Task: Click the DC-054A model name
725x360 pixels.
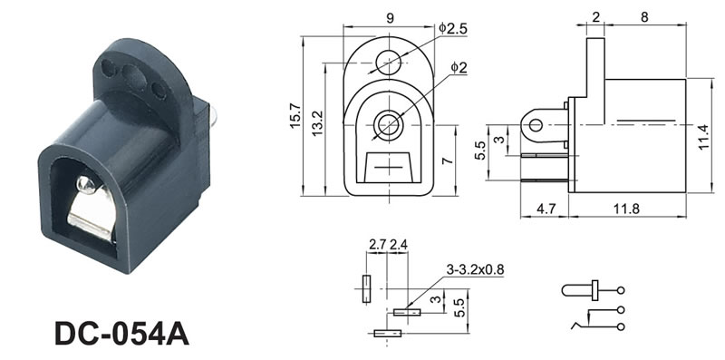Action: point(122,333)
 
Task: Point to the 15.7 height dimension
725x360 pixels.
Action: point(296,116)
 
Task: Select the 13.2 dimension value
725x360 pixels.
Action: point(318,122)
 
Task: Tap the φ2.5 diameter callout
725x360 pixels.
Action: point(453,29)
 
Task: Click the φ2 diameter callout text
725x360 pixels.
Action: point(459,68)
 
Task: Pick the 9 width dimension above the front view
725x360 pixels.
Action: point(391,18)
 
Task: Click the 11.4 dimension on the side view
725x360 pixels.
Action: point(703,137)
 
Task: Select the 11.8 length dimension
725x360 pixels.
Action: point(626,209)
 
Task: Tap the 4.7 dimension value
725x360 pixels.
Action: point(546,209)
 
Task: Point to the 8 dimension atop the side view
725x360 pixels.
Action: point(644,16)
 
